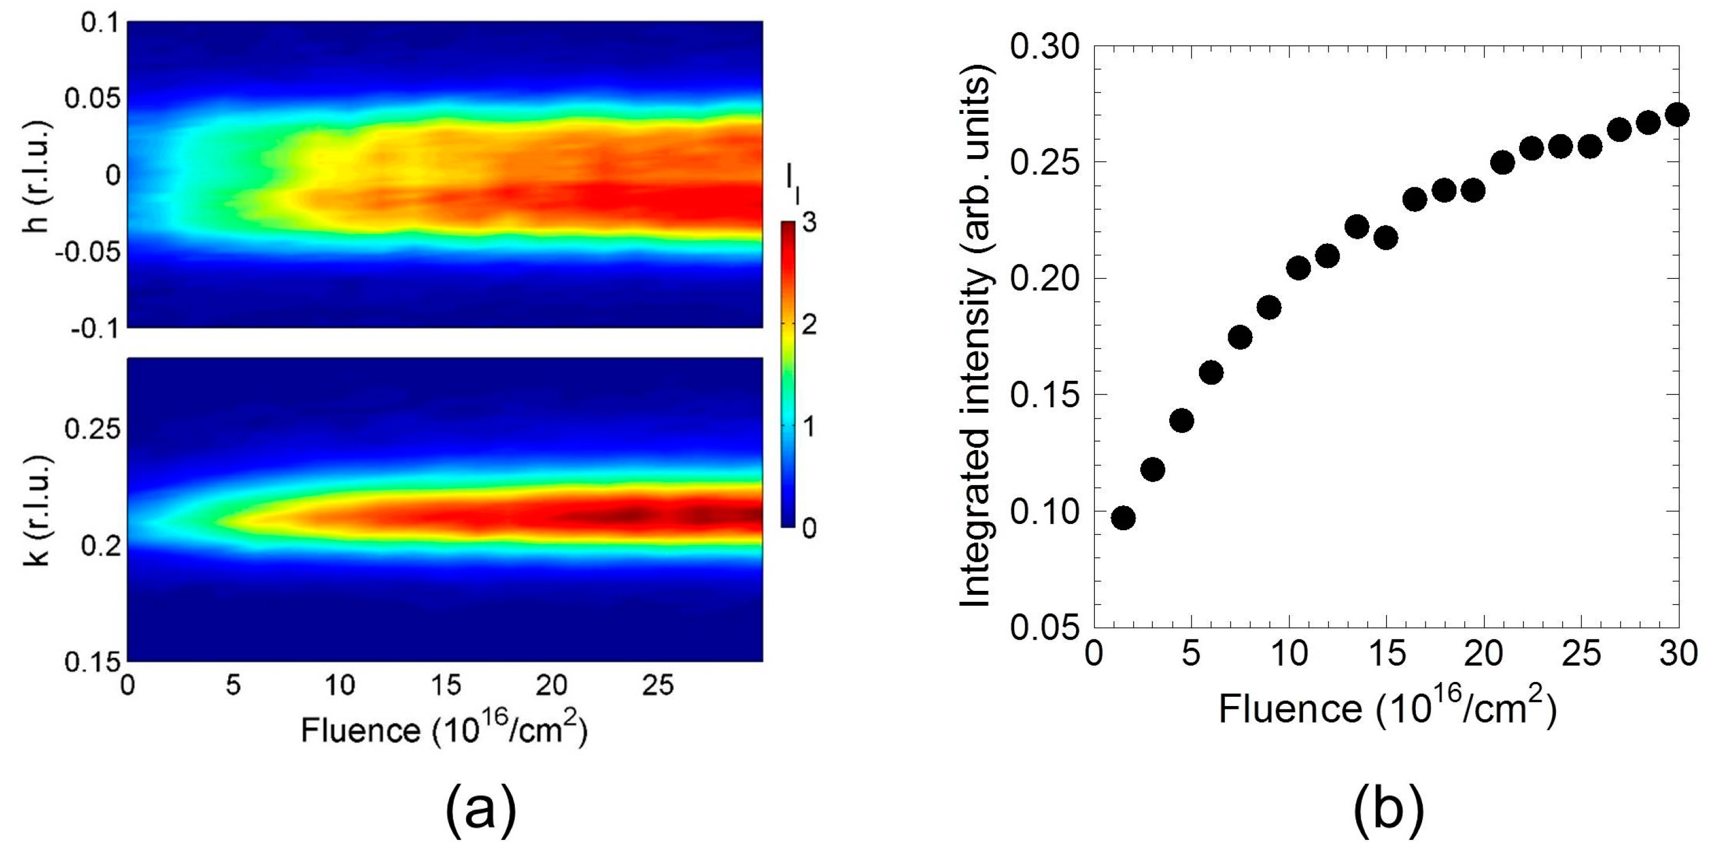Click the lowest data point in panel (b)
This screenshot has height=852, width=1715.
tap(1123, 518)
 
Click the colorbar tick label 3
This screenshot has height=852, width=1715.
tap(809, 224)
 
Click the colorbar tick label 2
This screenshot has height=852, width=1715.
tap(809, 326)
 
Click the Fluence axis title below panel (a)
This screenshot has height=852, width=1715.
tap(444, 729)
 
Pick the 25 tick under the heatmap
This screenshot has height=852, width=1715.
tap(658, 685)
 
